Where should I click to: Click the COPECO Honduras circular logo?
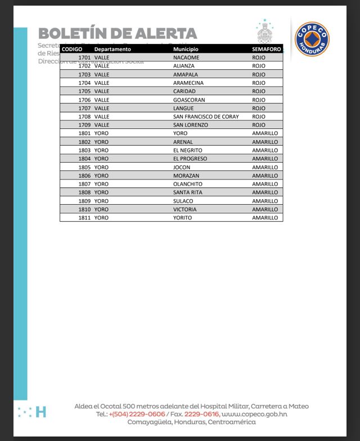click(312, 39)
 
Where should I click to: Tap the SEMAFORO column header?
click(266, 49)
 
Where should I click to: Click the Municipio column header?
click(186, 49)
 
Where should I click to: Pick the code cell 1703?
click(84, 74)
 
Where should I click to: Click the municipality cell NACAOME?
click(186, 57)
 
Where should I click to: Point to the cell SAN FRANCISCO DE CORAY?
click(206, 116)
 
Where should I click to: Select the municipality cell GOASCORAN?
click(189, 100)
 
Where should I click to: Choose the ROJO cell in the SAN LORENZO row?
click(259, 125)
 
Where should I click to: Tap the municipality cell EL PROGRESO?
click(190, 159)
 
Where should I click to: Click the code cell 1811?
click(84, 218)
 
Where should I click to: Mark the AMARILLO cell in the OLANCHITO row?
click(265, 184)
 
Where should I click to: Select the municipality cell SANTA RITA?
click(188, 192)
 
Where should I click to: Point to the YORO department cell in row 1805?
click(101, 167)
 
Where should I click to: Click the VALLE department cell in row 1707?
click(102, 108)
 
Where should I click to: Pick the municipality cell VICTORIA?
click(185, 209)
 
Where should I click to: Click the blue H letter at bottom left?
click(40, 412)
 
